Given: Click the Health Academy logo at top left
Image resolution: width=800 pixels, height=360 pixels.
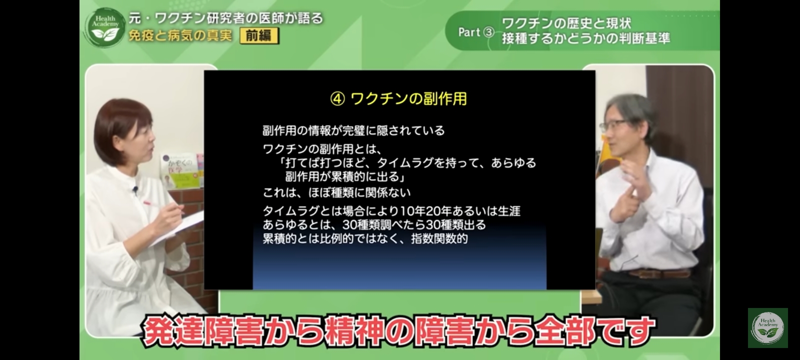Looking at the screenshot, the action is pyautogui.click(x=105, y=27).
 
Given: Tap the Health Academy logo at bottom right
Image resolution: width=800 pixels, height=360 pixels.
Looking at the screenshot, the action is pyautogui.click(x=768, y=328).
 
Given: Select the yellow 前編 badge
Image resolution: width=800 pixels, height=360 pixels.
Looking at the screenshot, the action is pyautogui.click(x=259, y=35).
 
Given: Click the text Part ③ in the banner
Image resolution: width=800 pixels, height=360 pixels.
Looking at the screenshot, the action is pyautogui.click(x=476, y=32).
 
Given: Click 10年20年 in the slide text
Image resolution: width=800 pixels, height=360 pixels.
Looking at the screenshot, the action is pyautogui.click(x=425, y=211).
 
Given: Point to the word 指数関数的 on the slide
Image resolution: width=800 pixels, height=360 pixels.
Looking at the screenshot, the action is pyautogui.click(x=439, y=238).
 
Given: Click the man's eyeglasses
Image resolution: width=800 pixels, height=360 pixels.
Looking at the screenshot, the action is pyautogui.click(x=614, y=125).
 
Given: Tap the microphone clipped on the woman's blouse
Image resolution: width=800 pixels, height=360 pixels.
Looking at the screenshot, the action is pyautogui.click(x=135, y=189).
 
